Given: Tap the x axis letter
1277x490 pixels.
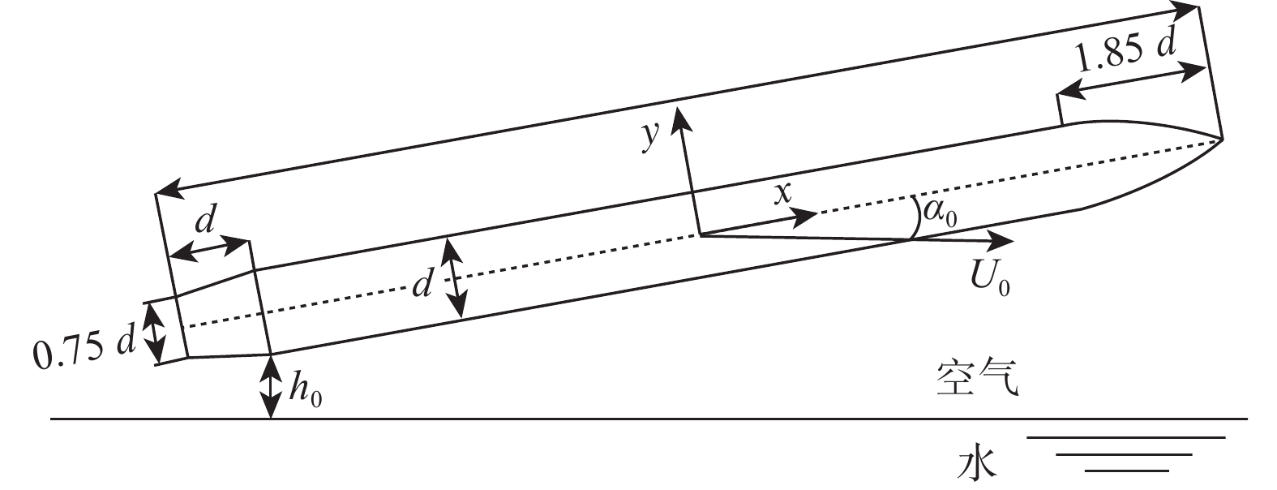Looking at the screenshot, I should pyautogui.click(x=782, y=196).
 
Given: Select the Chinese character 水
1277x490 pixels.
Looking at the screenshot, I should pyautogui.click(x=976, y=465).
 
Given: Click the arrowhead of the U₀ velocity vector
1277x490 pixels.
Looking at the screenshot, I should pyautogui.click(x=1005, y=240).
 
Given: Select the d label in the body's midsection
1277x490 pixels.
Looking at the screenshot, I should pyautogui.click(x=421, y=284).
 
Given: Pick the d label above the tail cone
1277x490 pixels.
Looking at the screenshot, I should pyautogui.click(x=208, y=219).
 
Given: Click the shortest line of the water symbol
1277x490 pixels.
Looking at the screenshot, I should pyautogui.click(x=1126, y=470).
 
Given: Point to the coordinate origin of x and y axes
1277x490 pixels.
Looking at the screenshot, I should pyautogui.click(x=700, y=235).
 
